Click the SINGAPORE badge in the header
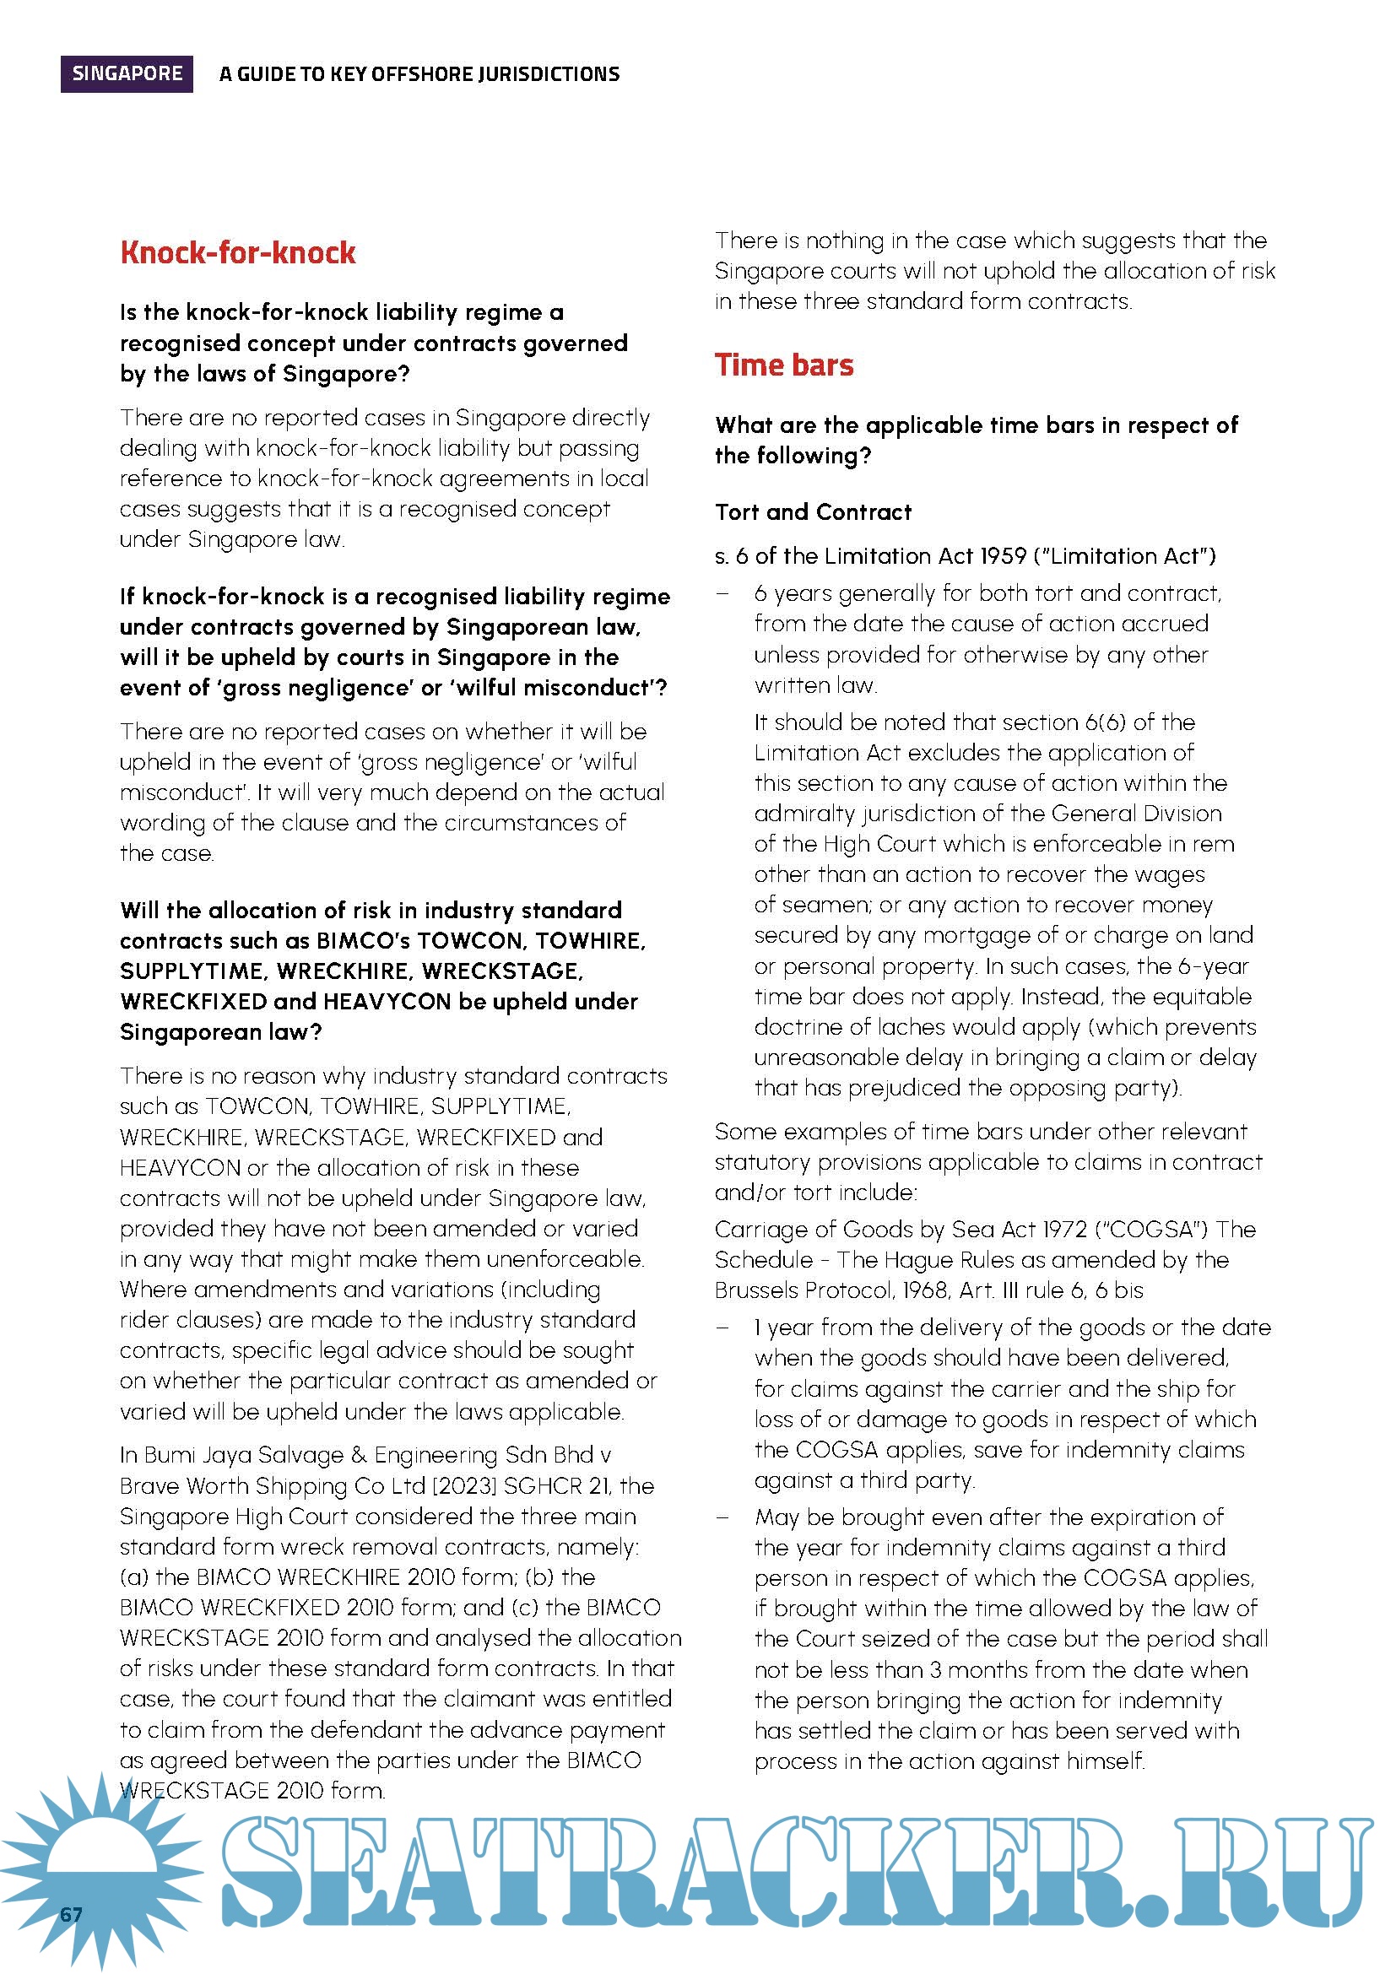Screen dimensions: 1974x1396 127,74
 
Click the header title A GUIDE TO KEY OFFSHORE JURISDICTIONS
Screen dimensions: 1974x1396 419,75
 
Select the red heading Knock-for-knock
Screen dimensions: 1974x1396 238,253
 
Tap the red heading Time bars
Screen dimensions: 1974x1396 784,365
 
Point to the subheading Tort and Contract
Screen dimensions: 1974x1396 813,512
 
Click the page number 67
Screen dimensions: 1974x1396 72,1914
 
